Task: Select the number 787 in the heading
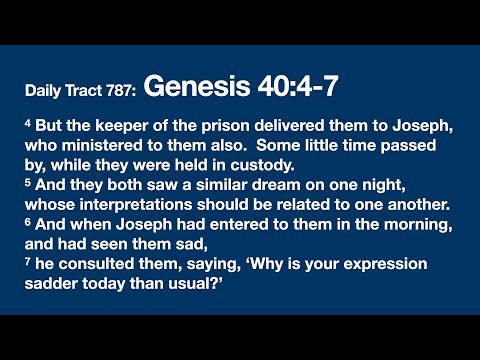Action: [x=119, y=92]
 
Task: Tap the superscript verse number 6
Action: [x=27, y=226]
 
